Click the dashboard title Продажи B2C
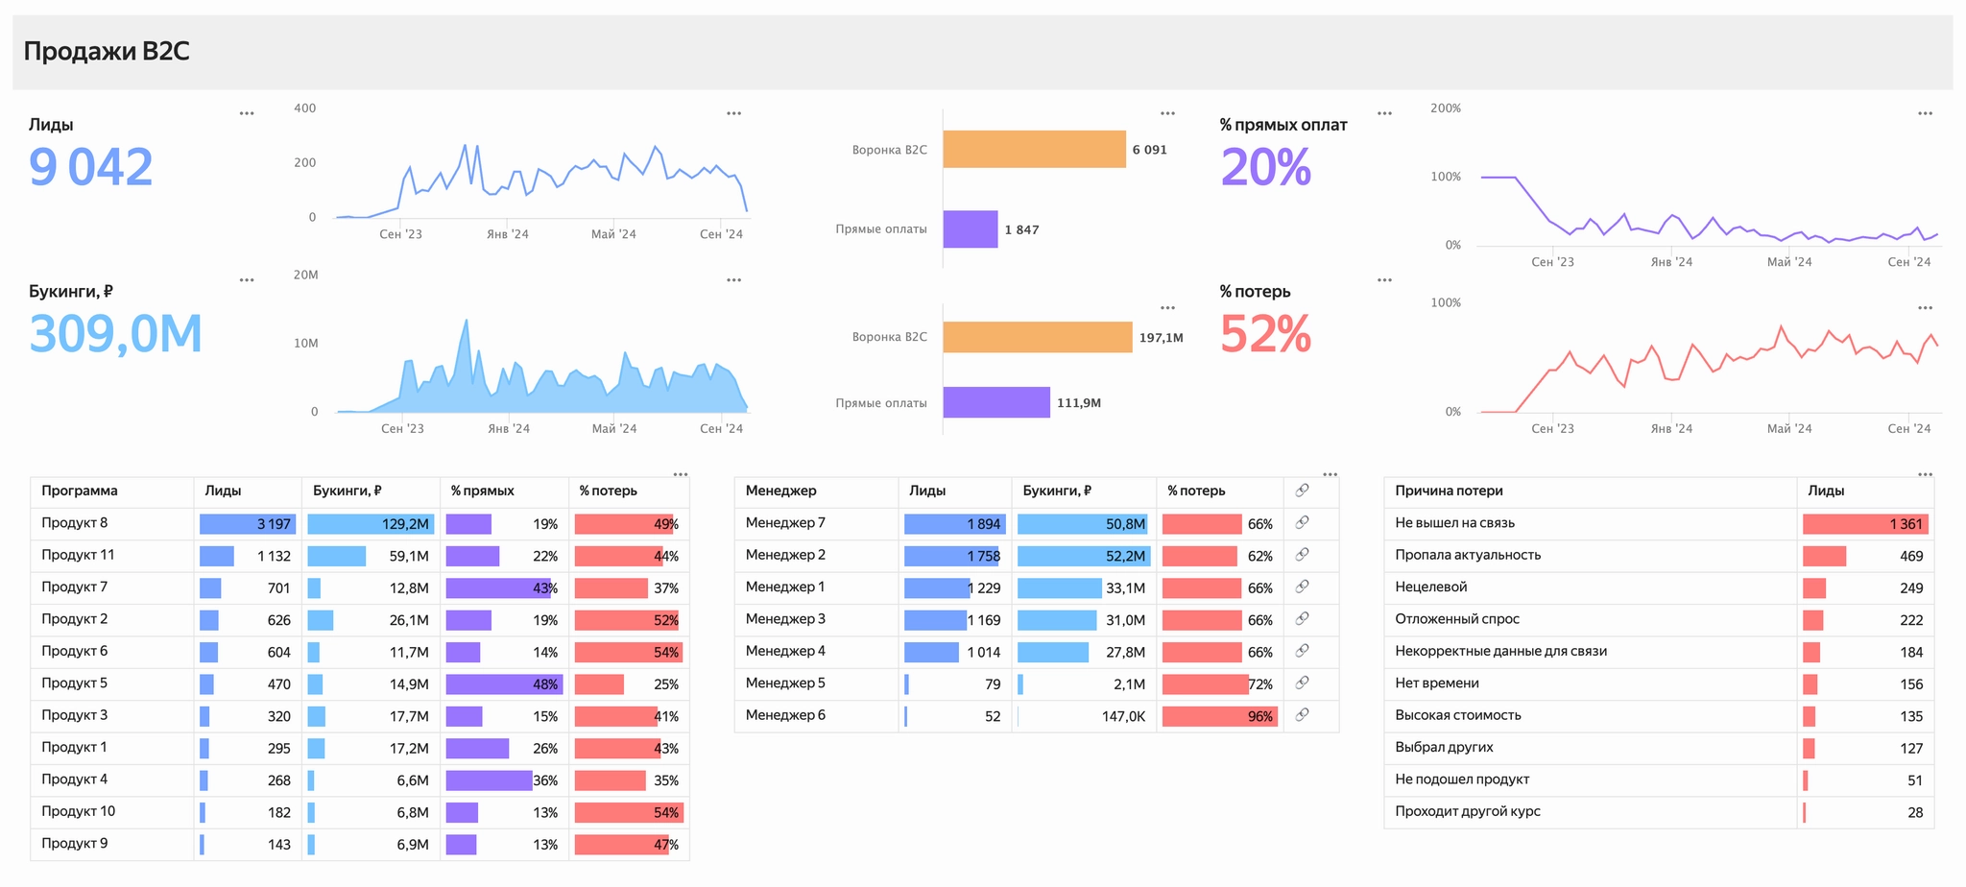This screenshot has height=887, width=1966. click(x=107, y=51)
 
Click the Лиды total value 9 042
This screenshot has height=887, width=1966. click(x=91, y=167)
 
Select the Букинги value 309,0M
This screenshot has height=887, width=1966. click(x=116, y=334)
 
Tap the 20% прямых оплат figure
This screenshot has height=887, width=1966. click(x=1265, y=168)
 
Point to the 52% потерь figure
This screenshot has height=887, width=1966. click(x=1265, y=335)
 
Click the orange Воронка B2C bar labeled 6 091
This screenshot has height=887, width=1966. click(x=1034, y=150)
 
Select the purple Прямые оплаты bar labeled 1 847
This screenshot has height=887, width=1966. click(x=970, y=229)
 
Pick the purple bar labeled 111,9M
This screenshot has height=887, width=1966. click(x=995, y=402)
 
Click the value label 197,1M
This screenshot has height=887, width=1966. click(x=1161, y=338)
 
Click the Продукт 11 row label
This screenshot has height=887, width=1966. click(x=78, y=555)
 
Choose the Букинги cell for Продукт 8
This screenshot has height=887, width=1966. click(x=371, y=524)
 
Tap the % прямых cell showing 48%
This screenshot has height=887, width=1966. click(x=504, y=684)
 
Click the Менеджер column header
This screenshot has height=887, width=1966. click(x=780, y=491)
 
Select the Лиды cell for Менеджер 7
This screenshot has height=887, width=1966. click(x=954, y=524)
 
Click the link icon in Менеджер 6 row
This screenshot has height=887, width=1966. click(x=1302, y=715)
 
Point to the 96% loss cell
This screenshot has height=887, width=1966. click(x=1220, y=716)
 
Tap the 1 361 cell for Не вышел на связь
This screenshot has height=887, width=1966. click(x=1865, y=524)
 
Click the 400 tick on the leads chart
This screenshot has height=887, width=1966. click(x=304, y=108)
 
